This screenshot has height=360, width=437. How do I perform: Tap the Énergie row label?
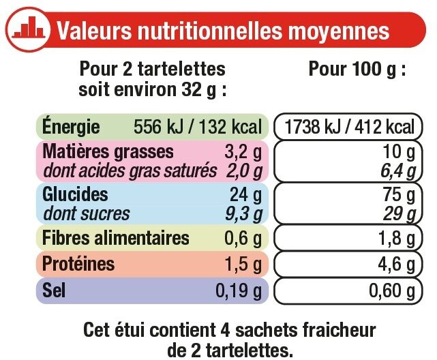click(x=72, y=127)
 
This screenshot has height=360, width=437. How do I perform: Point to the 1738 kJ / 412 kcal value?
click(x=348, y=127)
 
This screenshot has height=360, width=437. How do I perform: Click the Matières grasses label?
click(x=108, y=151)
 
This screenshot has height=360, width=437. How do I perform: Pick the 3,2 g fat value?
click(x=246, y=151)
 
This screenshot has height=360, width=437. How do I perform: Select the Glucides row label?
click(x=76, y=194)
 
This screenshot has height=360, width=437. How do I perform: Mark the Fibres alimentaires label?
click(x=115, y=239)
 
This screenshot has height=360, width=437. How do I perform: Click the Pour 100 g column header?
click(x=357, y=70)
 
